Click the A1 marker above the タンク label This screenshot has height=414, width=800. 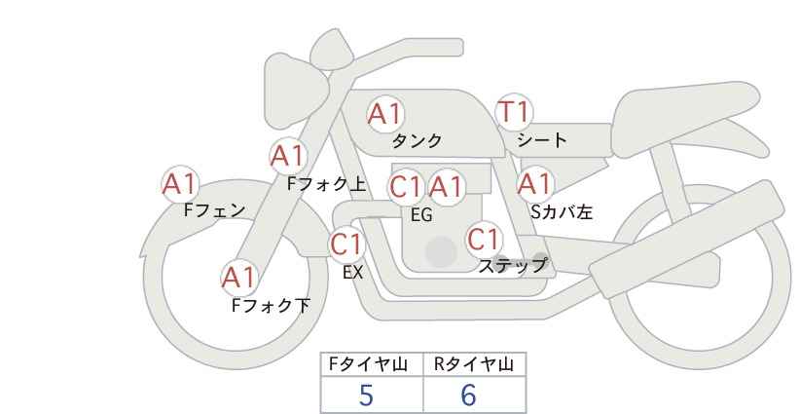click(385, 114)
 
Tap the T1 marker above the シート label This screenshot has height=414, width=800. click(514, 112)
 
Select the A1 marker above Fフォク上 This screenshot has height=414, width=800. click(289, 156)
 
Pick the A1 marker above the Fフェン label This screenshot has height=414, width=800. click(180, 184)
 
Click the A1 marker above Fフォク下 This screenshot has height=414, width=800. click(238, 278)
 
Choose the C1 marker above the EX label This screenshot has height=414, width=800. click(346, 245)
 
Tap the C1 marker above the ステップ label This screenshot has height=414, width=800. click(484, 239)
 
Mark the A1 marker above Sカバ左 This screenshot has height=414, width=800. click(535, 184)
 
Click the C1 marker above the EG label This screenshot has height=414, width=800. click(406, 187)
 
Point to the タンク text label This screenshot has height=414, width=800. click(417, 140)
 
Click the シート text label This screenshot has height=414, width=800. click(542, 139)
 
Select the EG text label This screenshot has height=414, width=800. click(421, 215)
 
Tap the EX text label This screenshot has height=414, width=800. click(352, 273)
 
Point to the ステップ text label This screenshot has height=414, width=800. click(512, 266)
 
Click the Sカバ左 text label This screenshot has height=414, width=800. click(562, 211)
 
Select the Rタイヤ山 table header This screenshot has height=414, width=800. click(474, 364)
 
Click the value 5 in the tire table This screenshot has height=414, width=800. click(366, 395)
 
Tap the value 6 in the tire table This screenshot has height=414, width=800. click(468, 395)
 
